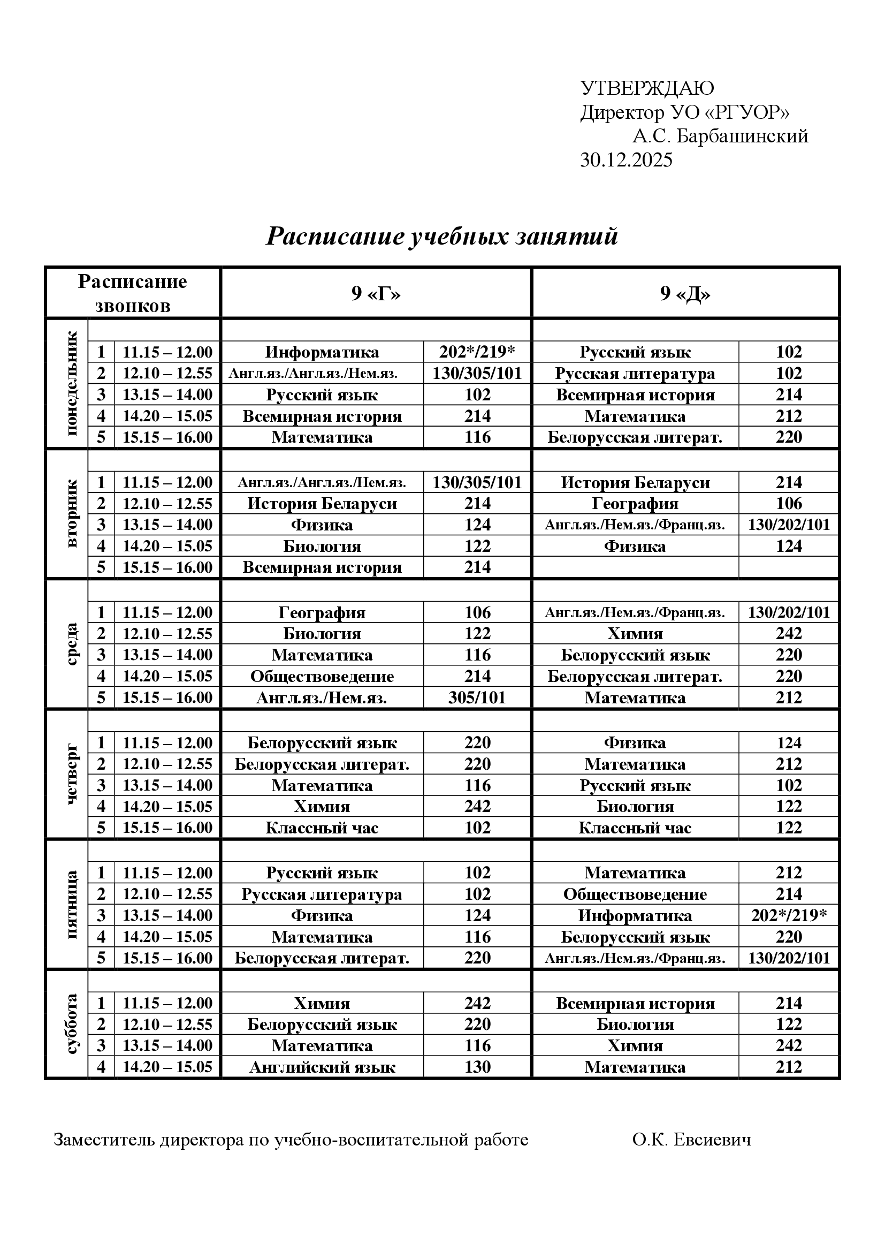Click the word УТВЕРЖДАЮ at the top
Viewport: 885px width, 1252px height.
[x=647, y=88]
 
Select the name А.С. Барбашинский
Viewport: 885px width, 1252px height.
[x=720, y=136]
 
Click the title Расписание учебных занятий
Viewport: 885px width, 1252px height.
[x=441, y=237]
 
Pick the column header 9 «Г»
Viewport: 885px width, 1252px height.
[x=376, y=294]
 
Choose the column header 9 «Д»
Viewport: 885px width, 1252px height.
[x=685, y=294]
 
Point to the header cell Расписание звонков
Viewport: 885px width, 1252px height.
[x=132, y=293]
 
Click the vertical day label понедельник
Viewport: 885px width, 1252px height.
[x=72, y=384]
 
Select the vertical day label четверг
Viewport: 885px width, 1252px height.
[x=72, y=774]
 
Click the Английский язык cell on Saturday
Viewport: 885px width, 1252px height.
[x=322, y=1067]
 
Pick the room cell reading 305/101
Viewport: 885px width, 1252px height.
[x=477, y=698]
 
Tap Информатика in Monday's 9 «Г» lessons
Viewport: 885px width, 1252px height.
[x=322, y=352]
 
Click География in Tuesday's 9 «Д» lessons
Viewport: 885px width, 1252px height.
[x=635, y=503]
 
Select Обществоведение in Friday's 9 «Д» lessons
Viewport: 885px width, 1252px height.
[x=635, y=894]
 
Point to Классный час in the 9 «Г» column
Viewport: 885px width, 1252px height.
[x=322, y=828]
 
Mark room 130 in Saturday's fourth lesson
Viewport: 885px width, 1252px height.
[x=477, y=1067]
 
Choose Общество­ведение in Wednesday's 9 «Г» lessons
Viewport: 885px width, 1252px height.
[x=322, y=677]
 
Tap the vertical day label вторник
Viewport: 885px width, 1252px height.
[x=72, y=514]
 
